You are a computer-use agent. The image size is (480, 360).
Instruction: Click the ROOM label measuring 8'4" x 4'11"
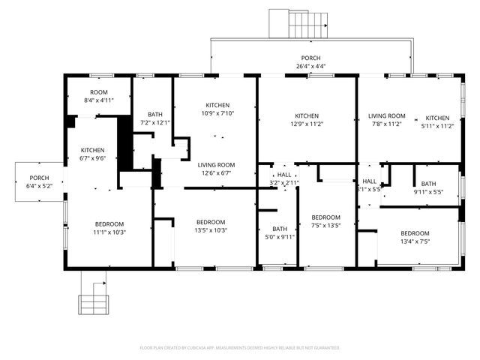(x=98, y=96)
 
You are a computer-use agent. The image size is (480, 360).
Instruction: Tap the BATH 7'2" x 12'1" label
(x=155, y=118)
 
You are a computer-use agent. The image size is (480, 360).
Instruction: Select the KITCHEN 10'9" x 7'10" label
(x=217, y=109)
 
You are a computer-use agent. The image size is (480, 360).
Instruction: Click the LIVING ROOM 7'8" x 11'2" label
(x=386, y=120)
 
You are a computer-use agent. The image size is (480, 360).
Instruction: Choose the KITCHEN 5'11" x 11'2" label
(x=437, y=122)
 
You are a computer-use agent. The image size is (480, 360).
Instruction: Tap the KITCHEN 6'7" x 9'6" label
(x=92, y=154)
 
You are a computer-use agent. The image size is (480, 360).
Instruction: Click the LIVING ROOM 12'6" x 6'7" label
(x=217, y=169)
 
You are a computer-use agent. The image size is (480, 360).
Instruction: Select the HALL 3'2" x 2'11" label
(x=284, y=178)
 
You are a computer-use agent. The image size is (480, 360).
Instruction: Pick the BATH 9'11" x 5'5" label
(x=428, y=187)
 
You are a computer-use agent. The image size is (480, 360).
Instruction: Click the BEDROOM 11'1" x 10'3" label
(x=109, y=228)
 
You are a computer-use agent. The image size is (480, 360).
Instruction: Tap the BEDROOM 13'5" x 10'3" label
(x=211, y=226)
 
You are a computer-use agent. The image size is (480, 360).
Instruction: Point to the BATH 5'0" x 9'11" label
(x=280, y=233)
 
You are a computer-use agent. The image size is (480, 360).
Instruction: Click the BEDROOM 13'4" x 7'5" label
(x=414, y=237)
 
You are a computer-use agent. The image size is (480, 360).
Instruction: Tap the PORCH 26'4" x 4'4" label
(x=310, y=61)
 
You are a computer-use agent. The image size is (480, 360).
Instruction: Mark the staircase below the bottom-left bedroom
(x=94, y=299)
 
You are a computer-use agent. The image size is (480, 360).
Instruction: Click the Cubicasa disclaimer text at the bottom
(x=240, y=348)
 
